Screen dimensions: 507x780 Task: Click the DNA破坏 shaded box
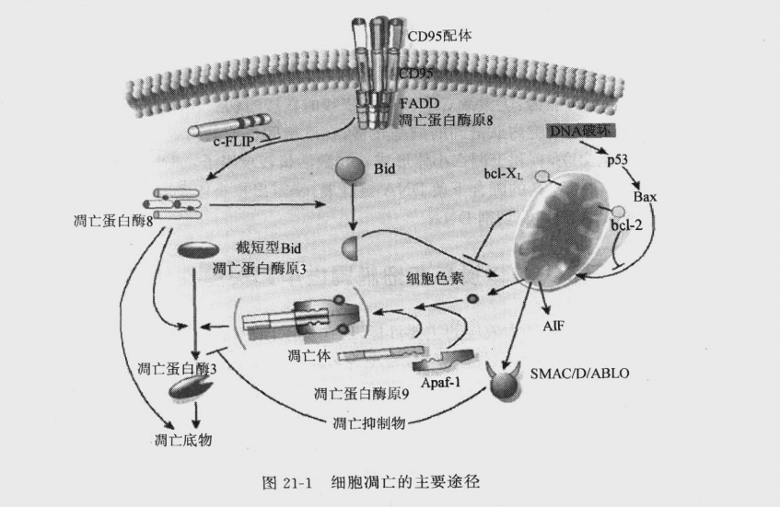(x=578, y=131)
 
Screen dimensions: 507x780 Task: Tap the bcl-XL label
(x=503, y=173)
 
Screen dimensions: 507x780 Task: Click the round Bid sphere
(x=351, y=171)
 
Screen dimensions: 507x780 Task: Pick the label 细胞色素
(x=438, y=278)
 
